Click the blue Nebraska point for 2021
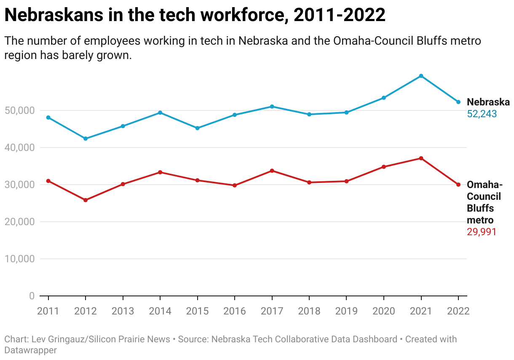click(x=421, y=76)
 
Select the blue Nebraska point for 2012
click(x=86, y=139)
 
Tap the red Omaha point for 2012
click(x=86, y=200)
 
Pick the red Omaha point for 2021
click(x=421, y=158)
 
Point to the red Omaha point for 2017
click(x=272, y=171)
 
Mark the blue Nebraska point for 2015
click(x=197, y=128)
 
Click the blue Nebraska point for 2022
click(x=458, y=102)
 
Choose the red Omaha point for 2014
click(x=160, y=172)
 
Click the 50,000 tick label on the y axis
click(x=19, y=110)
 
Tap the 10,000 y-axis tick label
click(x=19, y=259)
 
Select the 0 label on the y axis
click(x=32, y=296)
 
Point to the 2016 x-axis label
click(x=235, y=311)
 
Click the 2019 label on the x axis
click(x=346, y=311)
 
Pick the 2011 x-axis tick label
click(x=48, y=311)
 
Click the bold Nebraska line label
click(x=488, y=102)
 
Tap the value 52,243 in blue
click(x=482, y=114)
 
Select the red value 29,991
click(x=482, y=232)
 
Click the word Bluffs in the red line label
click(x=480, y=208)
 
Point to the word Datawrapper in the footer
click(x=30, y=350)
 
